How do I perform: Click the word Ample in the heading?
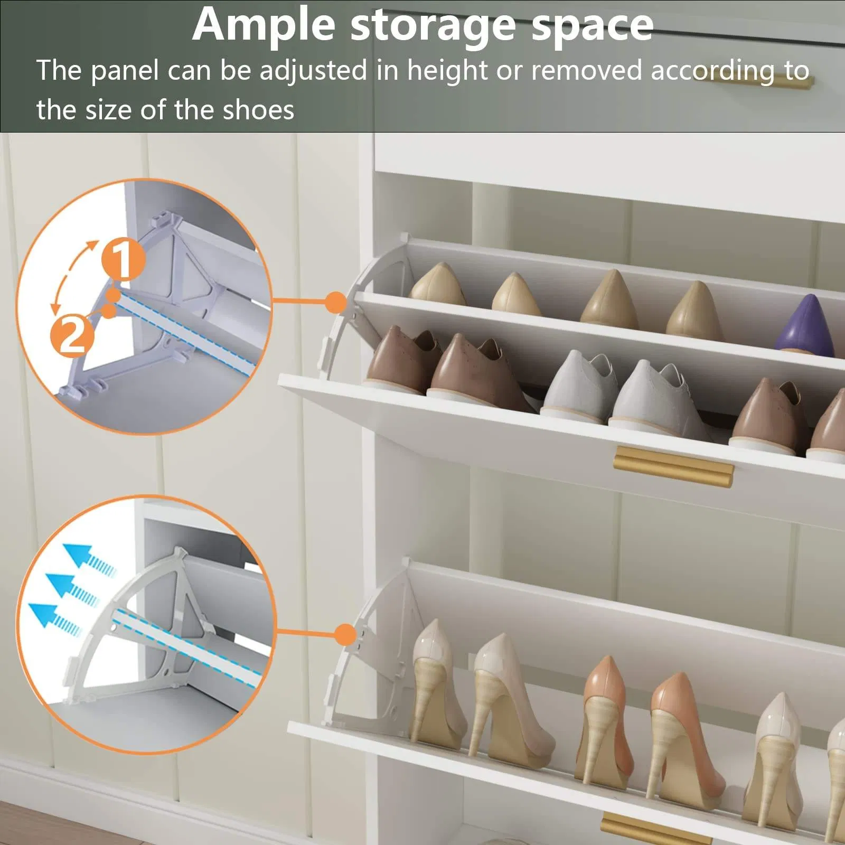click(x=263, y=25)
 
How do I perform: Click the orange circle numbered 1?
click(x=123, y=259)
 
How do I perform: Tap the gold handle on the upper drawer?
click(x=673, y=467)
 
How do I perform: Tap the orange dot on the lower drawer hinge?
click(x=345, y=634)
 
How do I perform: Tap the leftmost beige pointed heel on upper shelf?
click(x=437, y=285)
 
